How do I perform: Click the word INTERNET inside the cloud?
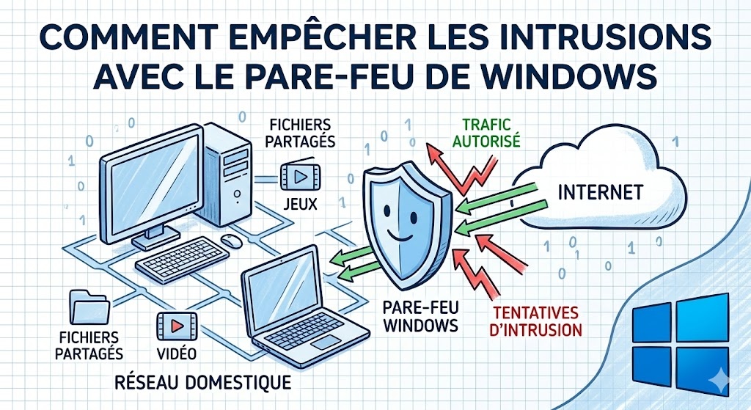[x=600, y=192]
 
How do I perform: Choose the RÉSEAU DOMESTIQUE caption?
[x=203, y=382]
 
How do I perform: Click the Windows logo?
[x=681, y=341]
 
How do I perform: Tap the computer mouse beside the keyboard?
[x=232, y=241]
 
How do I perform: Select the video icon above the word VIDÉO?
[x=176, y=323]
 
